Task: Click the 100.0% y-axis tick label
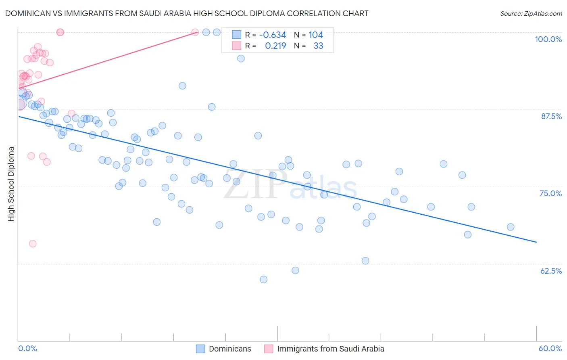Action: [x=548, y=39]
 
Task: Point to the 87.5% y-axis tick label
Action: [x=551, y=116]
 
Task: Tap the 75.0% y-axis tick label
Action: [x=550, y=193]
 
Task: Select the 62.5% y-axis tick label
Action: [x=551, y=271]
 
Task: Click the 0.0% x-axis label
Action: [x=27, y=348]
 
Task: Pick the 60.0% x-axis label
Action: [x=550, y=348]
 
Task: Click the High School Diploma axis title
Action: [x=11, y=184]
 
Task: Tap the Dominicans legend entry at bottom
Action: [x=223, y=349]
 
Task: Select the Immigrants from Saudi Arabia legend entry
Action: [x=324, y=349]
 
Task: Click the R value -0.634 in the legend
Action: [x=273, y=35]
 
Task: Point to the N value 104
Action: [x=316, y=35]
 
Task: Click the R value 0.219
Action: [x=275, y=46]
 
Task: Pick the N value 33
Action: [x=318, y=46]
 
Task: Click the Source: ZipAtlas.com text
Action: [x=531, y=14]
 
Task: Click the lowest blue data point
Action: [x=263, y=279]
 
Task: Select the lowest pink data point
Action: [x=33, y=243]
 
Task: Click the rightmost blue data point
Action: [x=511, y=227]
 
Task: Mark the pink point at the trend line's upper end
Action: [x=195, y=32]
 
